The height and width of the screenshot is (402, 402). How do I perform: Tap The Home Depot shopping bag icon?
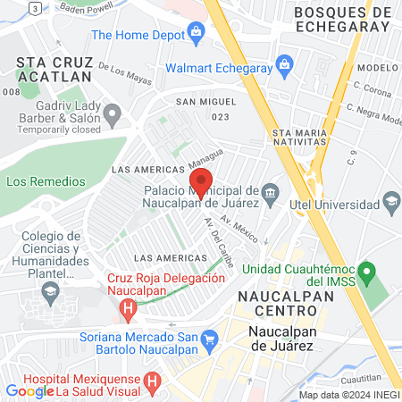pos(197,35)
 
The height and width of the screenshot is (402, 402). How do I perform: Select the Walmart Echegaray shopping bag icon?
pos(284,63)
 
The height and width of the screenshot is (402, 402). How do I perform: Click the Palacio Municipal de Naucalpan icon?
pos(271,191)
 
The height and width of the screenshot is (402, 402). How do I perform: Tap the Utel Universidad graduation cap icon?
pos(391,205)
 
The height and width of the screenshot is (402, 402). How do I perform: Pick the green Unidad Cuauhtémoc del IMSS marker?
pos(364,270)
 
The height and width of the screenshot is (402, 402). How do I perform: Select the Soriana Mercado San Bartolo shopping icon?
pos(210,339)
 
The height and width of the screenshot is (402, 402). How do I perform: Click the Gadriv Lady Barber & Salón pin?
pos(112,114)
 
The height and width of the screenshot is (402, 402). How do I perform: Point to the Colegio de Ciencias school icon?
pos(50,290)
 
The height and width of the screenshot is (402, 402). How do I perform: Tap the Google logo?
pos(29,390)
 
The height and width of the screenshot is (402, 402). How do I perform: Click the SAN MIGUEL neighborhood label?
pos(206,103)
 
